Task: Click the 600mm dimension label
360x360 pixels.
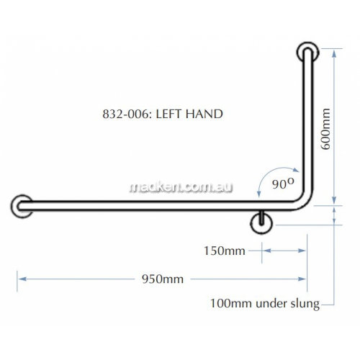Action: click(x=325, y=129)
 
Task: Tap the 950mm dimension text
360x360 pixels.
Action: click(x=163, y=279)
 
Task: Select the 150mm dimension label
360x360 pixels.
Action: click(x=225, y=251)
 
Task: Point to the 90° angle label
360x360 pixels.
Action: click(x=283, y=183)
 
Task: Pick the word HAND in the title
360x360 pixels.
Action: click(x=204, y=114)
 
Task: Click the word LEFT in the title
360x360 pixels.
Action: click(x=169, y=114)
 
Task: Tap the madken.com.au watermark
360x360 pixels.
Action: click(x=181, y=187)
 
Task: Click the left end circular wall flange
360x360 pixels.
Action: click(x=22, y=206)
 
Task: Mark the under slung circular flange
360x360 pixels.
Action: click(x=261, y=224)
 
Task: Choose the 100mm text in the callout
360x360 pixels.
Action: click(x=232, y=303)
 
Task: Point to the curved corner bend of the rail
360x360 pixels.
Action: click(x=304, y=202)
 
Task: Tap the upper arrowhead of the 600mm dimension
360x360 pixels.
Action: click(x=334, y=54)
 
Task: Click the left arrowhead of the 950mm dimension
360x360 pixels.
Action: click(x=22, y=279)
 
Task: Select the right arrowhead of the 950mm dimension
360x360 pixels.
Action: click(x=302, y=279)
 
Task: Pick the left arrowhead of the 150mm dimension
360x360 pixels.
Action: click(x=266, y=251)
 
